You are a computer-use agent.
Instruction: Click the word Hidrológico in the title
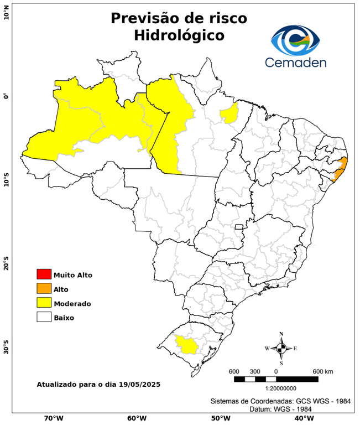pyautogui.click(x=179, y=35)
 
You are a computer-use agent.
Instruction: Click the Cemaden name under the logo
pyautogui.click(x=295, y=61)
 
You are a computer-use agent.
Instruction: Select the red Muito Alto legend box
pyautogui.click(x=44, y=274)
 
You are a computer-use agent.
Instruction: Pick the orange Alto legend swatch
pyautogui.click(x=44, y=289)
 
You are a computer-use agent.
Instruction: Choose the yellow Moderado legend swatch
pyautogui.click(x=44, y=303)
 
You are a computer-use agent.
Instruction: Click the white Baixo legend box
pyautogui.click(x=44, y=318)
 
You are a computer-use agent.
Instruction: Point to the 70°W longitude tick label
pyautogui.click(x=53, y=418)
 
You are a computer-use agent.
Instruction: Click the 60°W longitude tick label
pyautogui.click(x=137, y=418)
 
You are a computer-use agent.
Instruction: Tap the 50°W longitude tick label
pyautogui.click(x=219, y=418)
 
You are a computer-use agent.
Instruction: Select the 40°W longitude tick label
pyautogui.click(x=302, y=418)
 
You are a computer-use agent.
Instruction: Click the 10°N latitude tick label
pyautogui.click(x=7, y=12)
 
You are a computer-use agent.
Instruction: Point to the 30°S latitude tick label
pyautogui.click(x=7, y=350)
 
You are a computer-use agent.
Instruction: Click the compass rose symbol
pyautogui.click(x=281, y=348)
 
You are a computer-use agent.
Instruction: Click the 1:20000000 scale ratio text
pyautogui.click(x=275, y=388)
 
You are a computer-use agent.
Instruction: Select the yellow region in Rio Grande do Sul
pyautogui.click(x=186, y=345)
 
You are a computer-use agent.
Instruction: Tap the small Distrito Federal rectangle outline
pyautogui.click(x=239, y=227)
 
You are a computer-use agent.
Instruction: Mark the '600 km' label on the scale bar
pyautogui.click(x=323, y=371)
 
